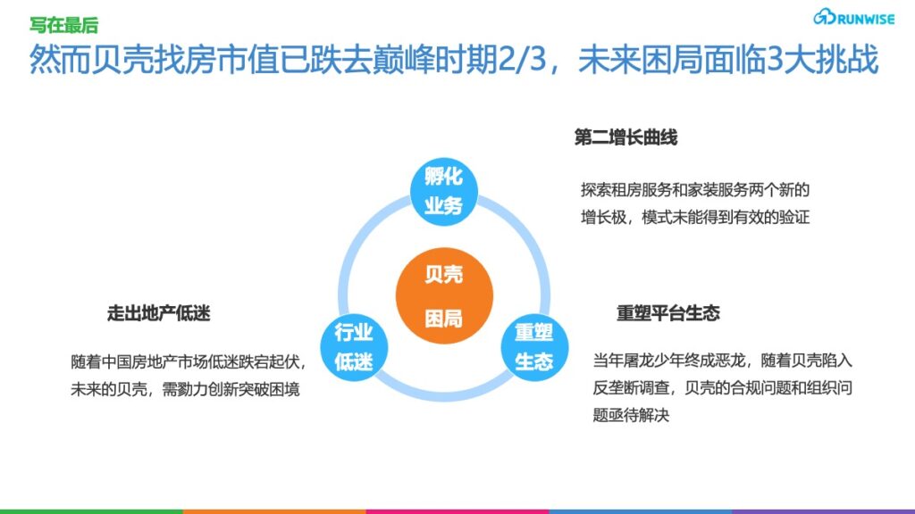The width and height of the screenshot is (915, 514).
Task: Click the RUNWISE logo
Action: point(853,18)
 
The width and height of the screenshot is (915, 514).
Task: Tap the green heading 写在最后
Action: point(64,25)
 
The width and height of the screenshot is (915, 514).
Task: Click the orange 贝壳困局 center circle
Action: point(444,296)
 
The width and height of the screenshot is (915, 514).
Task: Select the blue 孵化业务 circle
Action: point(444,191)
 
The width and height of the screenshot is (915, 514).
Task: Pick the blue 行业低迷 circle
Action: point(354,347)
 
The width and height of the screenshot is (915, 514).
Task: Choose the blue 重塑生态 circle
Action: point(534,347)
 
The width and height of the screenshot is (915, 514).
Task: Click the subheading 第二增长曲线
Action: point(625,138)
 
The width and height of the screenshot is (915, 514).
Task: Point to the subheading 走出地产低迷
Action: point(159,313)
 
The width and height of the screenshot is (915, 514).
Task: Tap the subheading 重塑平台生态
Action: point(668,313)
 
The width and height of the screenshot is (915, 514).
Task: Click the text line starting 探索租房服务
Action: point(695,190)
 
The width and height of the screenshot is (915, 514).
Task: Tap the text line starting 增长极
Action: point(695,218)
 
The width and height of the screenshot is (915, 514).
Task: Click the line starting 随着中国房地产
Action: point(188,362)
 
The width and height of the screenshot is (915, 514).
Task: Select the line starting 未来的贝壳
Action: point(185,389)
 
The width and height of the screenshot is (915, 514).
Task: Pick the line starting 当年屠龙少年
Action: point(722,361)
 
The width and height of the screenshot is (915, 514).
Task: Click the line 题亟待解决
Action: point(631,415)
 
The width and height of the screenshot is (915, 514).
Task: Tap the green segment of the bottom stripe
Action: point(92,511)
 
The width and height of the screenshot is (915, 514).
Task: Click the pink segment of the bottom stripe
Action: point(457,511)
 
